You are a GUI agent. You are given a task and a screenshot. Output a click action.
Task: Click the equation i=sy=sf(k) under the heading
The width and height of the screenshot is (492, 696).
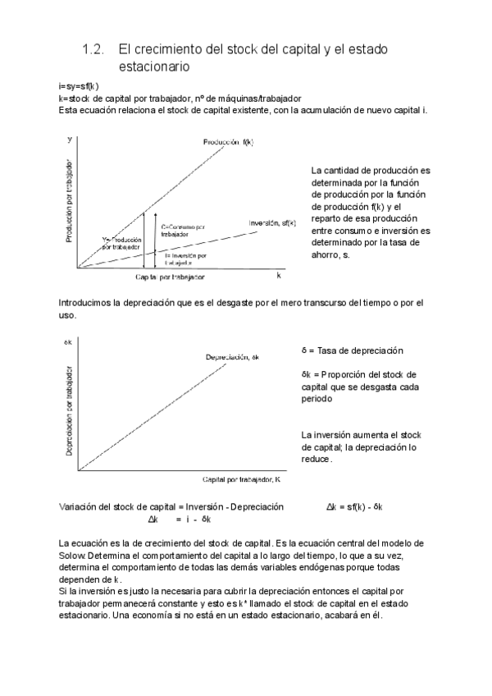(80, 85)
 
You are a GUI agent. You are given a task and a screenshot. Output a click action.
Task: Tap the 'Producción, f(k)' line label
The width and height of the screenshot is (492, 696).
(229, 142)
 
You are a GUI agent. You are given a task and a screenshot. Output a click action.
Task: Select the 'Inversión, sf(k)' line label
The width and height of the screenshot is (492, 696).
(271, 222)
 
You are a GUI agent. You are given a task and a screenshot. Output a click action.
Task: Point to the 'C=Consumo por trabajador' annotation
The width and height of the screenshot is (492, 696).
(183, 230)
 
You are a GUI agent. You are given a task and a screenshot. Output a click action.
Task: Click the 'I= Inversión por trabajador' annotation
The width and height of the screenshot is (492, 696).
(184, 259)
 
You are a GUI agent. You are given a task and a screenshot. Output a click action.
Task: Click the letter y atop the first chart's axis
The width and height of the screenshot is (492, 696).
(69, 140)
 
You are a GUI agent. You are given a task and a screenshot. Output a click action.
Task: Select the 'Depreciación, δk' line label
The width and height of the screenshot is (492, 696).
(232, 356)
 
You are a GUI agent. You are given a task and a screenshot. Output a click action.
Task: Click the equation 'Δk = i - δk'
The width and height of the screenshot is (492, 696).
(180, 519)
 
